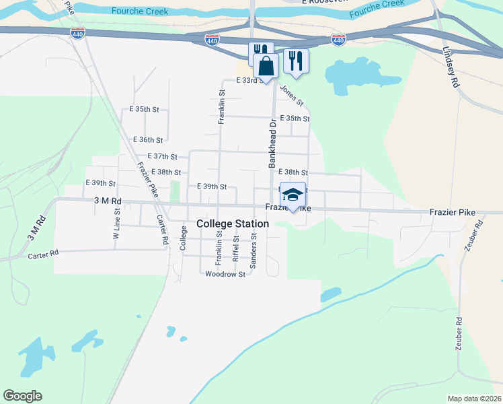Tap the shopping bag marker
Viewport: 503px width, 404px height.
(x=266, y=66)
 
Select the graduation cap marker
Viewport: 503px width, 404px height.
(x=292, y=195)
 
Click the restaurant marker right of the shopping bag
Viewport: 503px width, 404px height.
(x=295, y=61)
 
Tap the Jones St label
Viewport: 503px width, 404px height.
(x=292, y=95)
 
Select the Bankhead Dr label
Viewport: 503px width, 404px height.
(x=272, y=144)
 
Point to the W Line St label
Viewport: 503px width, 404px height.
(x=116, y=224)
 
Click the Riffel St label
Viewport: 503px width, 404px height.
(x=235, y=248)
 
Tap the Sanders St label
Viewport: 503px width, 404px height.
(x=253, y=250)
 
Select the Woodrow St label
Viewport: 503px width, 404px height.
(x=225, y=274)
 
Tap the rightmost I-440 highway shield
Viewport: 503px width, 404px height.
(x=338, y=40)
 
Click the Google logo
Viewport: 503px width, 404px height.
(x=22, y=396)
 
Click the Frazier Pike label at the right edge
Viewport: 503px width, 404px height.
(x=452, y=213)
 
